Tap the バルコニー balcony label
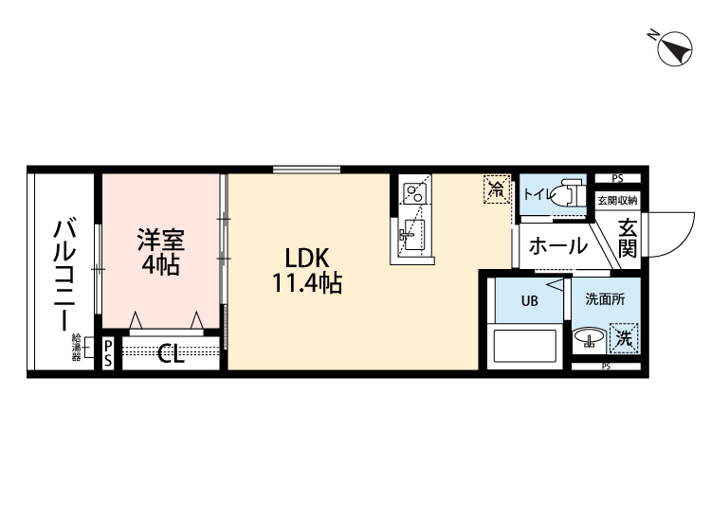tap(65, 275)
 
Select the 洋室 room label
tap(160, 239)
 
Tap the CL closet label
tap(172, 354)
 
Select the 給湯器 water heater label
tap(77, 349)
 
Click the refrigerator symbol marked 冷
tap(496, 188)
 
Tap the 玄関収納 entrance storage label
tap(617, 200)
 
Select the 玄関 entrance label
tap(628, 238)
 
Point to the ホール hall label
tap(556, 247)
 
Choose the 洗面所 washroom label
tap(604, 300)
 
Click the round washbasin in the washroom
tap(589, 336)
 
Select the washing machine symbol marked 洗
tap(624, 336)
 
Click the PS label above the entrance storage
tap(617, 178)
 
